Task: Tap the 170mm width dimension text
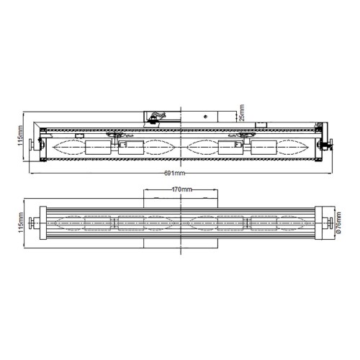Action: pos(181,189)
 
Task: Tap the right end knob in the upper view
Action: pos(328,147)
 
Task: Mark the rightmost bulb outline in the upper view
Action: pos(294,148)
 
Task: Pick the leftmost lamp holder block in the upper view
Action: pos(95,148)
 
